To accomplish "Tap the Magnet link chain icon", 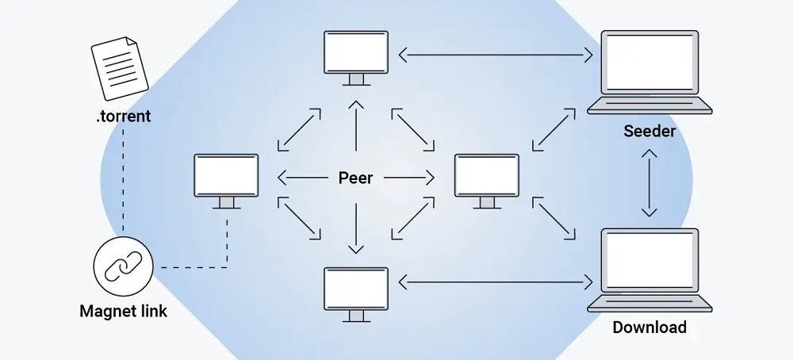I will pos(123,266).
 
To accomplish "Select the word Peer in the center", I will pos(355,178).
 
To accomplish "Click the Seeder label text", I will pos(649,131).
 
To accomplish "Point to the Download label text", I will pos(649,327).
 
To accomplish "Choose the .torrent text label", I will pos(123,117).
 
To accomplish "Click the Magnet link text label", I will pos(123,311).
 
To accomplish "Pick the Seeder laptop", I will pos(649,72).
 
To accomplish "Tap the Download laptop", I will pos(649,270).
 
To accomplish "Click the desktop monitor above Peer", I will pos(356,57).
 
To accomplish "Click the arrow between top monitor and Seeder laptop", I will pos(496,55).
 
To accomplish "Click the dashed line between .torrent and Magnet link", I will pos(123,182).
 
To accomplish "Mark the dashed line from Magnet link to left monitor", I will pos(198,266).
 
